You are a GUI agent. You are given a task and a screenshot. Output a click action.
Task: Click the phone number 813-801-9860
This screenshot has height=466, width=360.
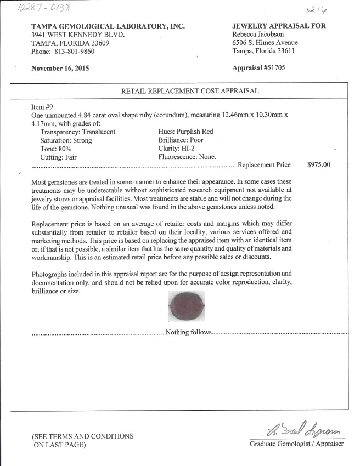pyautogui.click(x=74, y=52)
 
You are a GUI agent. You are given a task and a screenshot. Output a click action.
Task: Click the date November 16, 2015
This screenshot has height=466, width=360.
pyautogui.click(x=60, y=69)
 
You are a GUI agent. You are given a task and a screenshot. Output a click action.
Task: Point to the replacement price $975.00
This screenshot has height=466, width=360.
pyautogui.click(x=319, y=164)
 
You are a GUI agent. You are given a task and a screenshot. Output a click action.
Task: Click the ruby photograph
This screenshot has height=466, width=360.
pyautogui.click(x=187, y=305)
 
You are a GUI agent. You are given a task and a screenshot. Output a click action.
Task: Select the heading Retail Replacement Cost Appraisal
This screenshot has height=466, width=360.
pyautogui.click(x=190, y=91)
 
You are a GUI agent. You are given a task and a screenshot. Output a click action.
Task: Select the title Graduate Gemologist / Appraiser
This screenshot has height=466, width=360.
pyautogui.click(x=297, y=444)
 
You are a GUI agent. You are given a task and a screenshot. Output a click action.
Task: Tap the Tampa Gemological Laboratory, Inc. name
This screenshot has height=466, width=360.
pyautogui.click(x=108, y=26)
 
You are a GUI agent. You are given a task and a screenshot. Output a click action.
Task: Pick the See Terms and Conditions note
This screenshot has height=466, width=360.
pyautogui.click(x=82, y=440)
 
